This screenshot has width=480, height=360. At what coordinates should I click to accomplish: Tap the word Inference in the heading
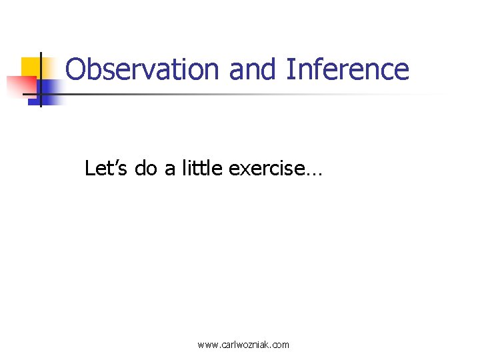click(x=347, y=69)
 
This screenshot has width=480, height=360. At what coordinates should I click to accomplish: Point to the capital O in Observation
click(x=75, y=69)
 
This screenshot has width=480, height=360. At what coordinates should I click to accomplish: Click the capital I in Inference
click(x=289, y=69)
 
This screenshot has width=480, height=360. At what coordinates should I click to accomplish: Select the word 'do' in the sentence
click(x=145, y=169)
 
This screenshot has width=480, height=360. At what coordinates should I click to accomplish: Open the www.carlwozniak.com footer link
click(x=243, y=345)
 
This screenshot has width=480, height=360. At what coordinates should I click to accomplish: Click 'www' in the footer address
click(x=208, y=345)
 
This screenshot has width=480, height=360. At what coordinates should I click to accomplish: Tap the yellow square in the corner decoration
click(x=31, y=67)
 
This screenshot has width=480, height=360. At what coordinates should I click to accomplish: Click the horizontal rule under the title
click(x=253, y=94)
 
